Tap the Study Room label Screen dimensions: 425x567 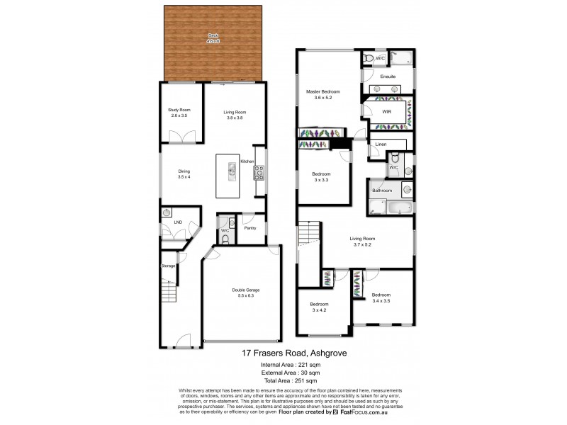click(179, 110)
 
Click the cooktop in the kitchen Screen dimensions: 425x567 click(259, 172)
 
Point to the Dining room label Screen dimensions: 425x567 click(184, 171)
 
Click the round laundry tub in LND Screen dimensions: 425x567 click(167, 212)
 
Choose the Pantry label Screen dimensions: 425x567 click(249, 228)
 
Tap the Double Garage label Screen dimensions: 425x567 click(245, 290)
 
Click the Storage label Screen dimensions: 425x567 click(168, 266)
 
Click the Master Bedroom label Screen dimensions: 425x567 click(323, 92)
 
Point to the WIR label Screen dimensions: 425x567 click(386, 112)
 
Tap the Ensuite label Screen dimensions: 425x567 click(388, 76)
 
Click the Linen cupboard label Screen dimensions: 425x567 click(381, 145)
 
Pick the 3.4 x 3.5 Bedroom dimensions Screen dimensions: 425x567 click(381, 301)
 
